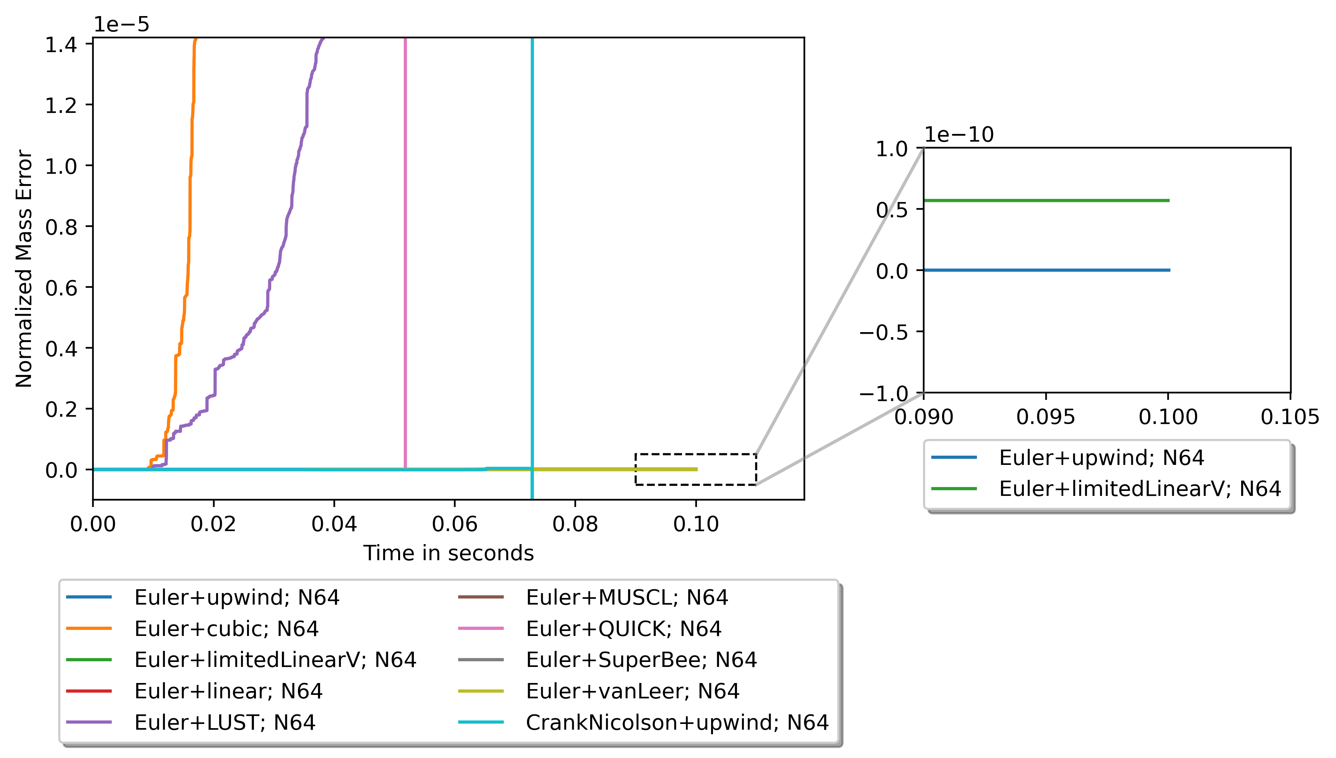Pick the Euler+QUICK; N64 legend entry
coord(623,629)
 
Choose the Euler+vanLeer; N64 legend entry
coord(632,691)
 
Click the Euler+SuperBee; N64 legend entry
coord(641,660)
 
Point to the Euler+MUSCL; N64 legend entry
coord(627,598)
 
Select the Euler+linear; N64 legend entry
coord(228,691)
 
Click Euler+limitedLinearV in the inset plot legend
coord(1139,489)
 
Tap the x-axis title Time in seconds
coord(448,553)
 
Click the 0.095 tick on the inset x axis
coord(1046,417)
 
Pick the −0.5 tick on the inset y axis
coord(884,332)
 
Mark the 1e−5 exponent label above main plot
coord(121,24)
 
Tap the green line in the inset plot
coord(1046,201)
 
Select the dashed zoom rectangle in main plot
coord(696,455)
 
